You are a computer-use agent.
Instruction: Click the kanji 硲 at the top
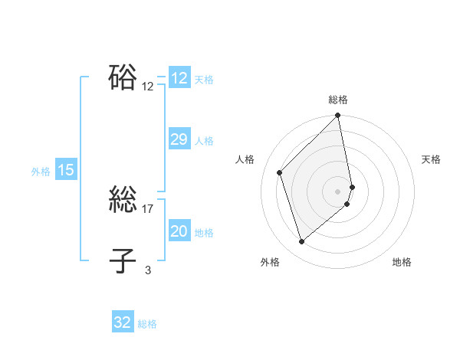[123, 77]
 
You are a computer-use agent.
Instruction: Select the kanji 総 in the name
[123, 200]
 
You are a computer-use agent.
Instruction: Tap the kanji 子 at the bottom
[123, 260]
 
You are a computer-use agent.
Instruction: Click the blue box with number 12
[179, 78]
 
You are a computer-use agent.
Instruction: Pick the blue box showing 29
[179, 139]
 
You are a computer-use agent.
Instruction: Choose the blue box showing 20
[179, 232]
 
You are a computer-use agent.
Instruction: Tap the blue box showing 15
[66, 171]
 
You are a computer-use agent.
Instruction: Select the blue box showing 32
[123, 322]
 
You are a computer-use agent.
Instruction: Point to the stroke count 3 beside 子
[148, 270]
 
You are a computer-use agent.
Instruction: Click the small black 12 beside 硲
[148, 87]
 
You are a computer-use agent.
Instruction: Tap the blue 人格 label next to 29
[204, 141]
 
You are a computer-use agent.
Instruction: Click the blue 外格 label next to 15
[41, 172]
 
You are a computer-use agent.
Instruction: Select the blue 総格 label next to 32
[147, 324]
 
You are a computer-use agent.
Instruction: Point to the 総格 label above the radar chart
[338, 100]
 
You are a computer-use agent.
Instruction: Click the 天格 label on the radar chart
[432, 159]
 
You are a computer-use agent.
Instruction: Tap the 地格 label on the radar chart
[402, 262]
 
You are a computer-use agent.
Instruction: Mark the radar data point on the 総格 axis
[338, 116]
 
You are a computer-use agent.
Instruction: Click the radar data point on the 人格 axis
[280, 172]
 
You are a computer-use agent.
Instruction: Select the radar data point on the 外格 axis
[302, 241]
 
